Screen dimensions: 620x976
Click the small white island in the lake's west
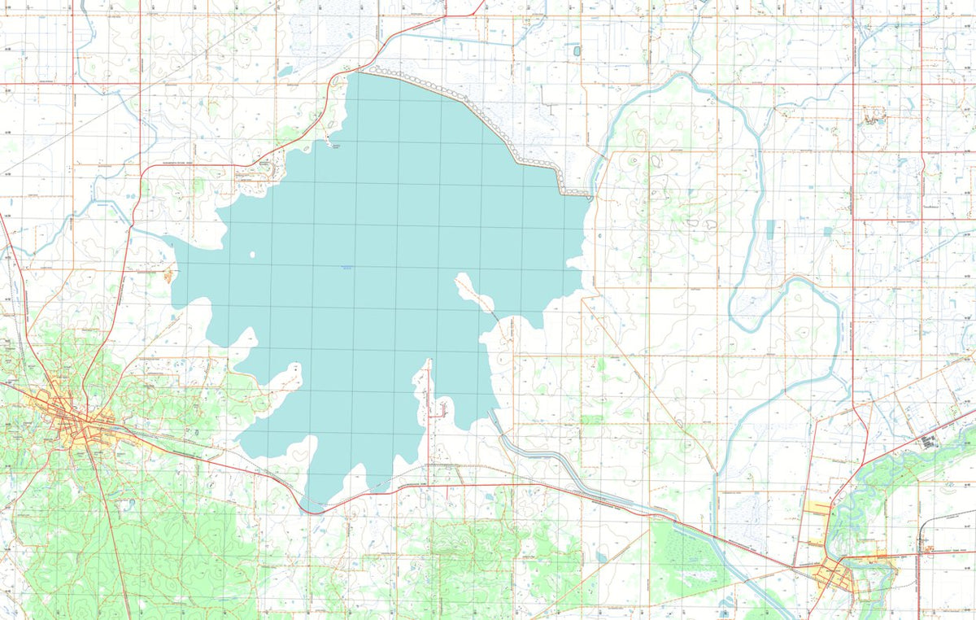click(x=253, y=255)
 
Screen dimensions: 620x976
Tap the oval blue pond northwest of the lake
click(x=285, y=72)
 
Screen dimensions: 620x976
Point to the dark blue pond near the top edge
click(x=577, y=51)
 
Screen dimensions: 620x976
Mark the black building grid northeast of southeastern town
click(x=928, y=443)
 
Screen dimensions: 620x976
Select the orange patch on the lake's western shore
click(x=168, y=275)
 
